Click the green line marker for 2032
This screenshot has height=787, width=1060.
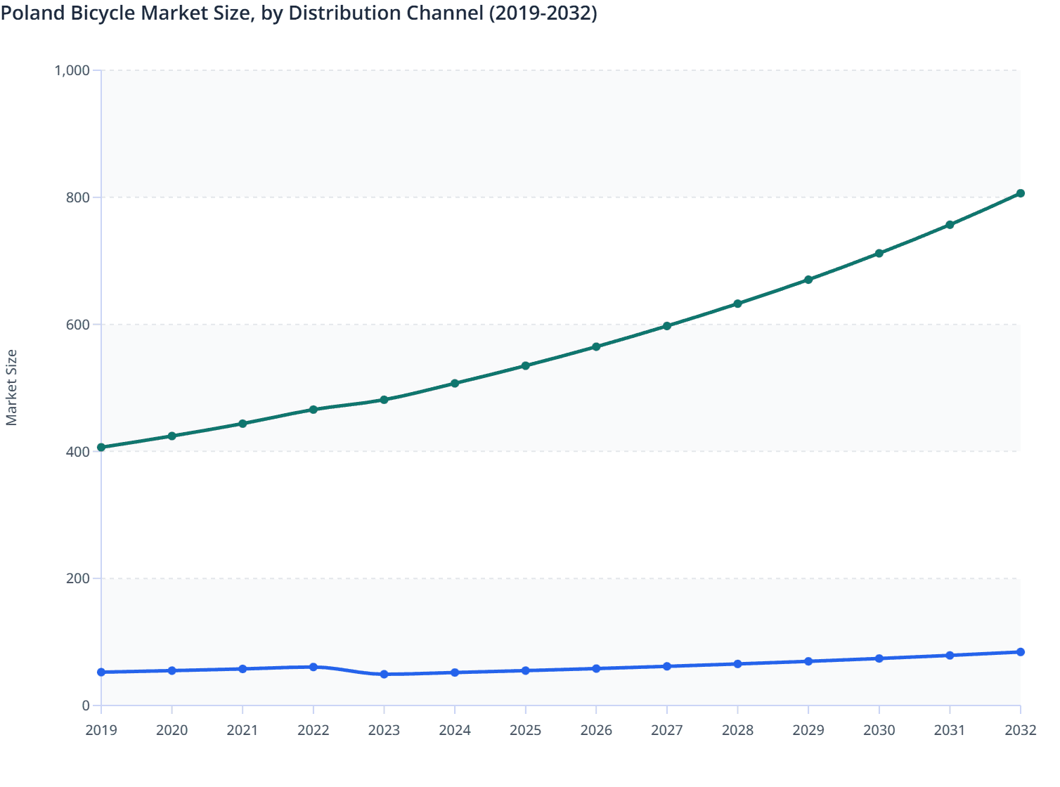1020,193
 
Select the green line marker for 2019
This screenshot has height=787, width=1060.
101,447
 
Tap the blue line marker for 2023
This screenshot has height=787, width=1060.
384,674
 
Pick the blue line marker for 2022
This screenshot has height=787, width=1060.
314,667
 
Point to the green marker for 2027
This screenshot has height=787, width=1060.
666,326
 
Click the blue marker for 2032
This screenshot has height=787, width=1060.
1020,652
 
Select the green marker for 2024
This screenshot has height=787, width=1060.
455,383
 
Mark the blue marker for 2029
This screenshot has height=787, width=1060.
808,661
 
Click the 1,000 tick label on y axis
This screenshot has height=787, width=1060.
72,70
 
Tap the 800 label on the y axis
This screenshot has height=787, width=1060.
78,197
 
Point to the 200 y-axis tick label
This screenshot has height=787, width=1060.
78,578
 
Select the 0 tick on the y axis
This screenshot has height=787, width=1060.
86,705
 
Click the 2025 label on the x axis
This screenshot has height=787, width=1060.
525,730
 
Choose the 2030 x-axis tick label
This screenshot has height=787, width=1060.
879,730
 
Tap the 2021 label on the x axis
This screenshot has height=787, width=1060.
243,730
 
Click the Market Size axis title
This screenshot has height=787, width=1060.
12,387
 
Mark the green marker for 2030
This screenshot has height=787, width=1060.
879,253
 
